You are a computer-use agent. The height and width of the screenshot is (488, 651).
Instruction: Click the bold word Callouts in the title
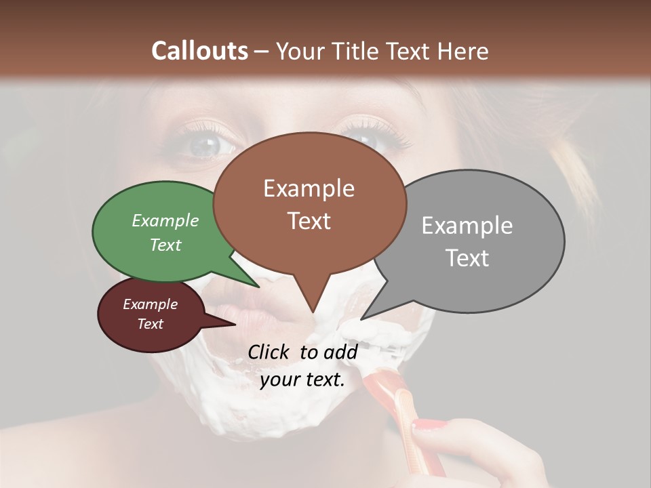pyautogui.click(x=199, y=51)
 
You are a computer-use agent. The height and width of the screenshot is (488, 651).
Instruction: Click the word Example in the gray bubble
pyautogui.click(x=467, y=225)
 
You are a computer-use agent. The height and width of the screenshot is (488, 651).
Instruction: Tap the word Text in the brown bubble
pyautogui.click(x=309, y=221)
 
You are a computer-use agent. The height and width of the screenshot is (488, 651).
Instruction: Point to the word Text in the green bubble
pyautogui.click(x=165, y=245)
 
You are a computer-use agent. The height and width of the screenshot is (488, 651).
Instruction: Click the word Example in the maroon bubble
pyautogui.click(x=150, y=304)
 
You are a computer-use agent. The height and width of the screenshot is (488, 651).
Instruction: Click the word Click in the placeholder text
pyautogui.click(x=269, y=352)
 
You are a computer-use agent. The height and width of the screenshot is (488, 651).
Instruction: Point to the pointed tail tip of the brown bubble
pyautogui.click(x=313, y=312)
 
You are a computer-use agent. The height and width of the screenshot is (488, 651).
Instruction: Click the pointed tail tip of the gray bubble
pyautogui.click(x=361, y=319)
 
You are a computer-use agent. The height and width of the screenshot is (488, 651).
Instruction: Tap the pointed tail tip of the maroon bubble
pyautogui.click(x=235, y=324)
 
